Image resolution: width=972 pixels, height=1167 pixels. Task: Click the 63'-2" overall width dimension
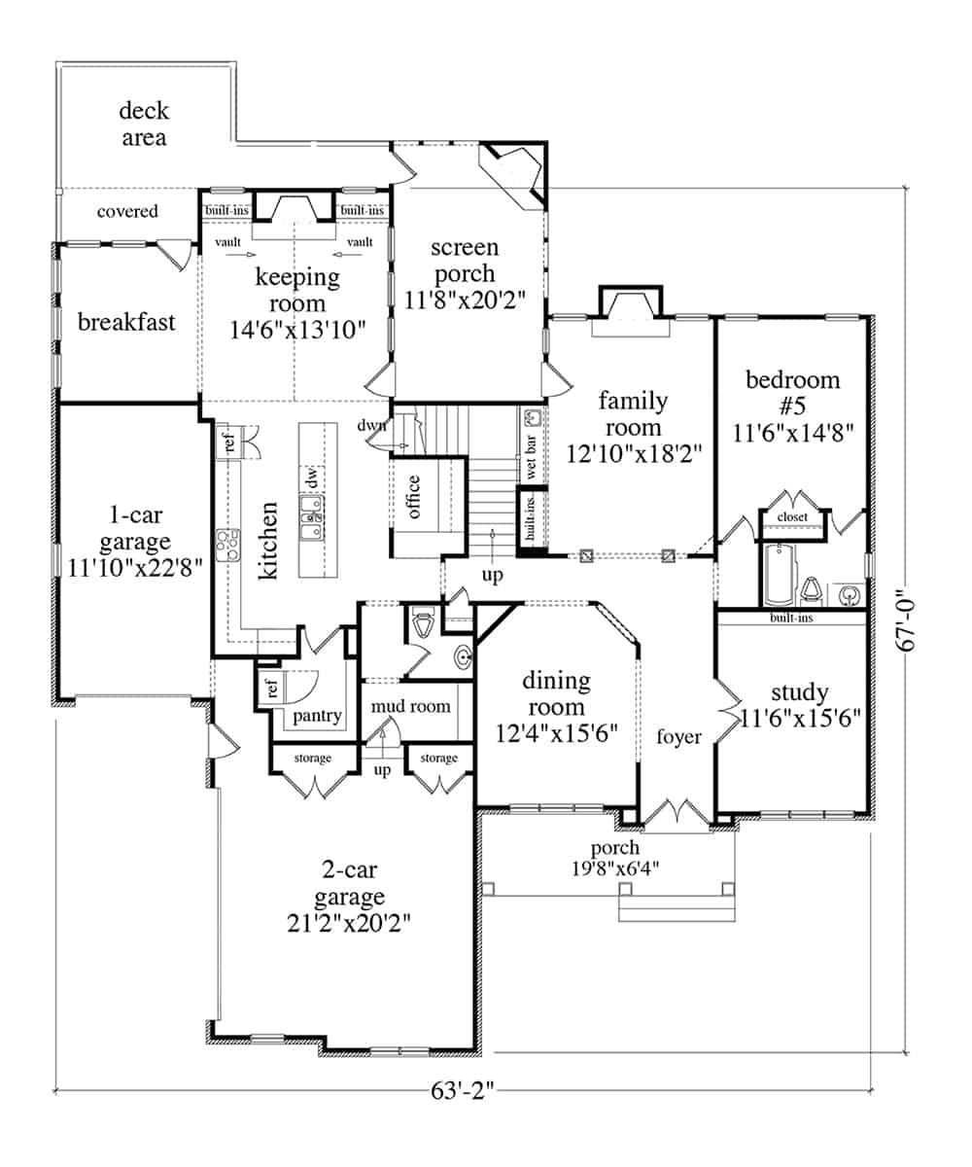463,1090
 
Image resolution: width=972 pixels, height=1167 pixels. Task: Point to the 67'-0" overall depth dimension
905,620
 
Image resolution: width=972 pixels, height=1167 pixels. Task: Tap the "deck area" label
144,124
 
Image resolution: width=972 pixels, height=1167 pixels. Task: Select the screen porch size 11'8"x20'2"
465,301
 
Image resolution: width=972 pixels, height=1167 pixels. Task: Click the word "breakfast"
126,322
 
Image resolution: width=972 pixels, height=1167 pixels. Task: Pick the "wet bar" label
531,457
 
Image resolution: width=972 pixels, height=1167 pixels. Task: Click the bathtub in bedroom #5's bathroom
779,575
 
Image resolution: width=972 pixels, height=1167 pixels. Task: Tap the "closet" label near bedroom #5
792,517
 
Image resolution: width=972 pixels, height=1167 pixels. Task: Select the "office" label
413,496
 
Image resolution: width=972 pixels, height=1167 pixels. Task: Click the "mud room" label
410,706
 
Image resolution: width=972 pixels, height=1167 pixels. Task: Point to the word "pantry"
317,716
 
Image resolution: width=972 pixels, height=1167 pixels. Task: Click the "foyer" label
678,737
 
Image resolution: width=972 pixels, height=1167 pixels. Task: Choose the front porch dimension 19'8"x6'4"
615,869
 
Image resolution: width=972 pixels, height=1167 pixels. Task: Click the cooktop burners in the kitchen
228,545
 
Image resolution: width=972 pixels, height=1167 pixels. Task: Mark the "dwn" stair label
372,425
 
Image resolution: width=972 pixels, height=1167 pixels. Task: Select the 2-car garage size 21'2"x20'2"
349,923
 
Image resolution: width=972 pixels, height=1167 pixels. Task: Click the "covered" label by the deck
127,211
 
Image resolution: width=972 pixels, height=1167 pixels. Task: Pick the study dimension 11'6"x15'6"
800,718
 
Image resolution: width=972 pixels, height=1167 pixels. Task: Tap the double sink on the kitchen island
312,518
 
